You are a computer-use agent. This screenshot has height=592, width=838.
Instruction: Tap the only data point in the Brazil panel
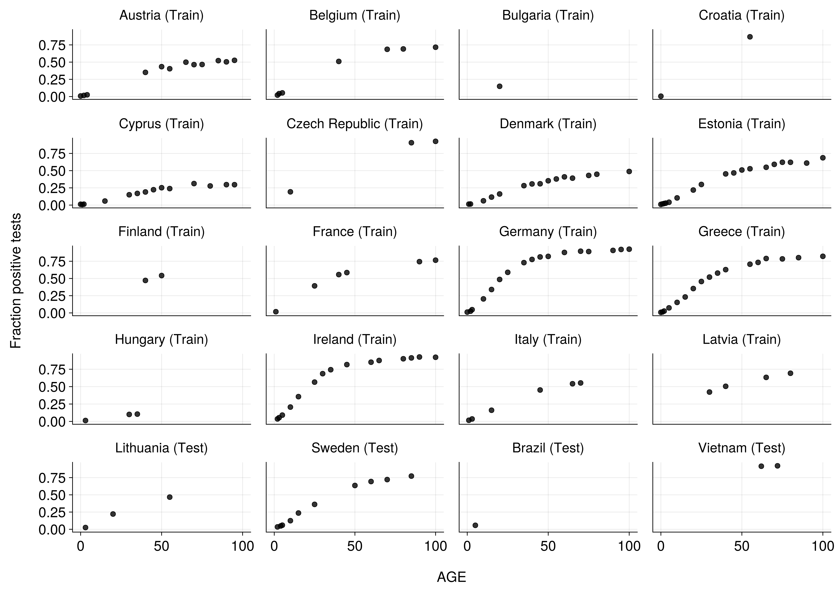(475, 525)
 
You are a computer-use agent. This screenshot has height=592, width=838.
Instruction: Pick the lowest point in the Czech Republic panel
(290, 192)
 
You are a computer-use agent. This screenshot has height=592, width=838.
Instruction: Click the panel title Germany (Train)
(548, 232)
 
